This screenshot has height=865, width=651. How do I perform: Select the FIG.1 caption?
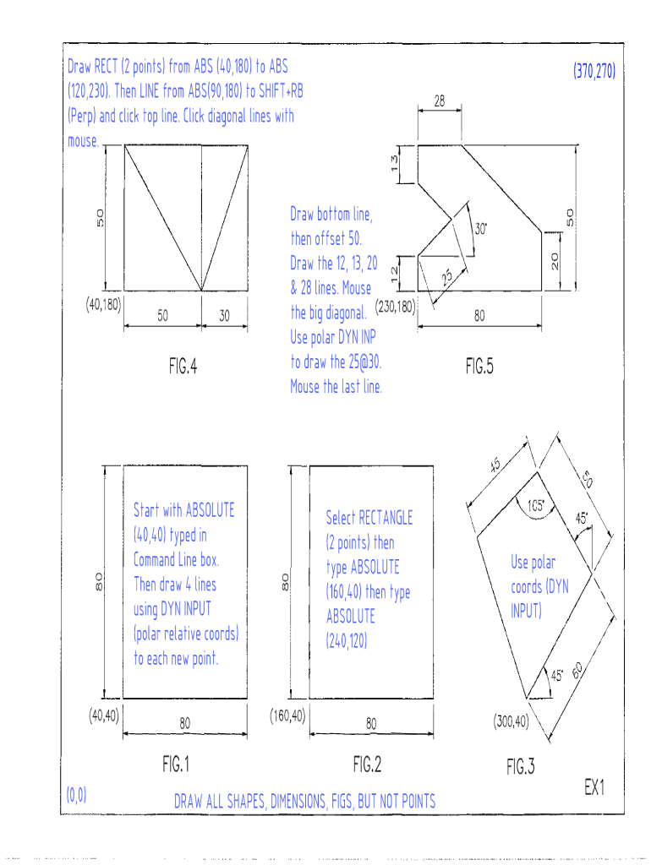point(176,764)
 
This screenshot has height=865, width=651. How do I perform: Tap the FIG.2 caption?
point(367,764)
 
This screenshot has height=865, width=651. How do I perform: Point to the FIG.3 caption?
point(521,766)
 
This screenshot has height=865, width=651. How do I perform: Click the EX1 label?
point(595,787)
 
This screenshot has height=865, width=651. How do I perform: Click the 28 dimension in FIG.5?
point(440,101)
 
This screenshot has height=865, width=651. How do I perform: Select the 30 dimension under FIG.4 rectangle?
point(224,316)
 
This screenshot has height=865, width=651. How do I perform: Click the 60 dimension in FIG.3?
point(577,672)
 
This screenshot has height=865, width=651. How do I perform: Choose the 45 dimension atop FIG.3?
point(496,465)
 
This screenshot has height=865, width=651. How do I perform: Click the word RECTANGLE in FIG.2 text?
point(386,517)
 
